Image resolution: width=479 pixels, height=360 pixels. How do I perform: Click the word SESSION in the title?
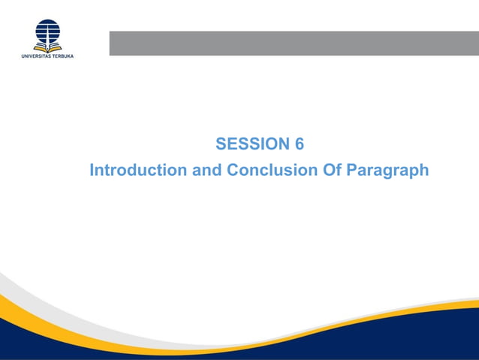(x=252, y=144)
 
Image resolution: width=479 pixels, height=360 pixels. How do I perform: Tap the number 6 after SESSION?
(x=299, y=144)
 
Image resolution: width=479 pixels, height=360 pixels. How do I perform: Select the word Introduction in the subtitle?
(x=138, y=171)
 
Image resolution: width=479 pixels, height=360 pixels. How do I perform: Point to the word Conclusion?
(x=273, y=171)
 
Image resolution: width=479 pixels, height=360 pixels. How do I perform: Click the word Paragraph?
(x=388, y=171)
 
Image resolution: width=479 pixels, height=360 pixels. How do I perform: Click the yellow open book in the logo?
(x=47, y=47)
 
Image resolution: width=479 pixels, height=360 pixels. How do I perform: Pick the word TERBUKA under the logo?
(x=63, y=56)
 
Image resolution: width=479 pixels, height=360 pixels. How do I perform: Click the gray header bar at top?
(x=294, y=43)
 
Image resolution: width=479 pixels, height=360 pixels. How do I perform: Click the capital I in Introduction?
(x=92, y=171)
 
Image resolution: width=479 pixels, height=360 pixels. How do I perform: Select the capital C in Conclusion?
(x=233, y=171)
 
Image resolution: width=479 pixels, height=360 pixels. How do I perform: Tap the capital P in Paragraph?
(x=353, y=171)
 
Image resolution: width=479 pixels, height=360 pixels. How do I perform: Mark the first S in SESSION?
(x=221, y=144)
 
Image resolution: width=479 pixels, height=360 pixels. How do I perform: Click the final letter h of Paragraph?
(x=423, y=171)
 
